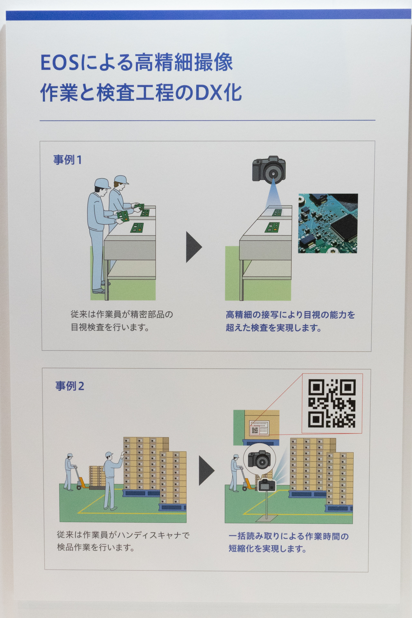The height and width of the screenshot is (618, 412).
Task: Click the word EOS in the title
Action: (x=60, y=62)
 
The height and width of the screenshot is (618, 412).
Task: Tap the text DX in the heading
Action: (x=209, y=93)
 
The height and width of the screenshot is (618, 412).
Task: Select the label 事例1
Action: (x=68, y=160)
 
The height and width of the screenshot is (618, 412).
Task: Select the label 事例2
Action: (x=69, y=386)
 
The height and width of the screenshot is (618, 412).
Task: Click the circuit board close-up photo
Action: (x=328, y=223)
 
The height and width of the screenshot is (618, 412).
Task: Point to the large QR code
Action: (x=332, y=404)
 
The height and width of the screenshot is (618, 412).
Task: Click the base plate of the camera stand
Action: (x=267, y=518)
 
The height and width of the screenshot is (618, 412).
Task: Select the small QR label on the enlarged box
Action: (x=254, y=430)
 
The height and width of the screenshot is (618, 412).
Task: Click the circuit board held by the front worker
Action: (x=123, y=215)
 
